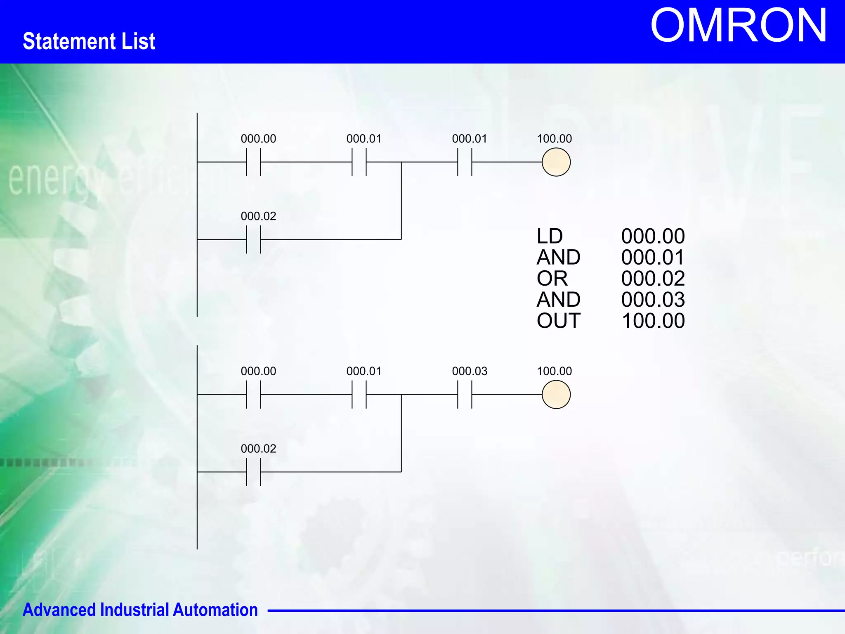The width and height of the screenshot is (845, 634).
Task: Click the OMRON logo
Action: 738,26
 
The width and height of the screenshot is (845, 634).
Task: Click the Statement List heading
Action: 89,41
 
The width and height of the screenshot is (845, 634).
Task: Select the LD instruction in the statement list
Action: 550,236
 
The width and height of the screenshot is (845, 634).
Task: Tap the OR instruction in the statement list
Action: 552,278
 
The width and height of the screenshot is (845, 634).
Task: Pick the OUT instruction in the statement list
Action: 558,321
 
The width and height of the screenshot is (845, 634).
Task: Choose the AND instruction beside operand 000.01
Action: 558,257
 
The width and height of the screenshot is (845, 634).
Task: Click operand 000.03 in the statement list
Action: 653,300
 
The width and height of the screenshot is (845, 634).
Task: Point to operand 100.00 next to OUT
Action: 653,321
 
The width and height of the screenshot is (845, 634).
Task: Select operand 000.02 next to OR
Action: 653,278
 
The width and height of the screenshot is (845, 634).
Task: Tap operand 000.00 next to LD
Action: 653,236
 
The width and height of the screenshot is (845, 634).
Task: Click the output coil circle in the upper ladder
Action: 556,162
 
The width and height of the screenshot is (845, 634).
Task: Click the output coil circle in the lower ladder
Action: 556,395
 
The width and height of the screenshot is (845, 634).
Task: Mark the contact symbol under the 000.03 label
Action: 465,395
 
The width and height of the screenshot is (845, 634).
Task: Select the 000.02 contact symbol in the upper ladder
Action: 253,239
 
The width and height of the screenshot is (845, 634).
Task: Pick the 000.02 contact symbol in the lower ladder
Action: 253,472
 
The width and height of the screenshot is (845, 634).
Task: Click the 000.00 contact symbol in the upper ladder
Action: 253,162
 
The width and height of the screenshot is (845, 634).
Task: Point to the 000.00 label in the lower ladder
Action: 258,371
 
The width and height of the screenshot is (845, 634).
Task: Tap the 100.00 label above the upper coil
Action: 554,139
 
